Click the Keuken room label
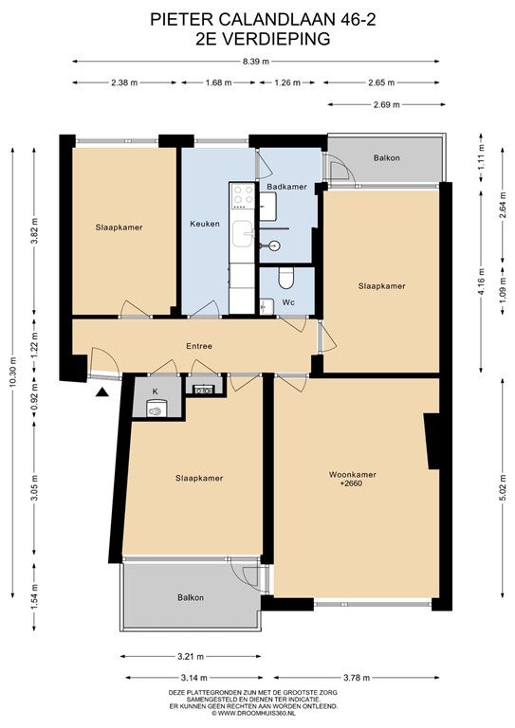(205, 224)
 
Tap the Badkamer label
(286, 187)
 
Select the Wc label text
(288, 302)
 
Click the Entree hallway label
(199, 346)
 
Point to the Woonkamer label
(353, 475)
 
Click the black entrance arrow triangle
(102, 392)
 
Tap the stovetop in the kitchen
(244, 196)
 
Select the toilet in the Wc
(285, 278)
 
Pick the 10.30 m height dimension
(13, 373)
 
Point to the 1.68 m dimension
(218, 82)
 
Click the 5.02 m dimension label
(503, 487)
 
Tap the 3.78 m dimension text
(357, 678)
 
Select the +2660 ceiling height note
(351, 483)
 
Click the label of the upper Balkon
(386, 158)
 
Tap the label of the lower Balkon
(191, 597)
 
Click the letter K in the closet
(156, 391)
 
